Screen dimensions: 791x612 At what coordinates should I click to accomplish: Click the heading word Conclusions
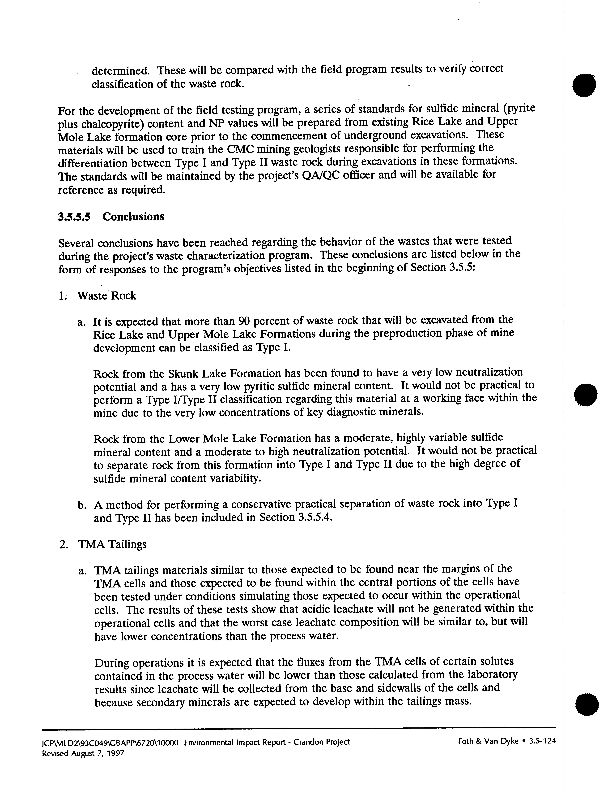tap(133, 217)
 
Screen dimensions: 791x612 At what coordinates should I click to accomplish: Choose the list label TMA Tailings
tap(112, 544)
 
